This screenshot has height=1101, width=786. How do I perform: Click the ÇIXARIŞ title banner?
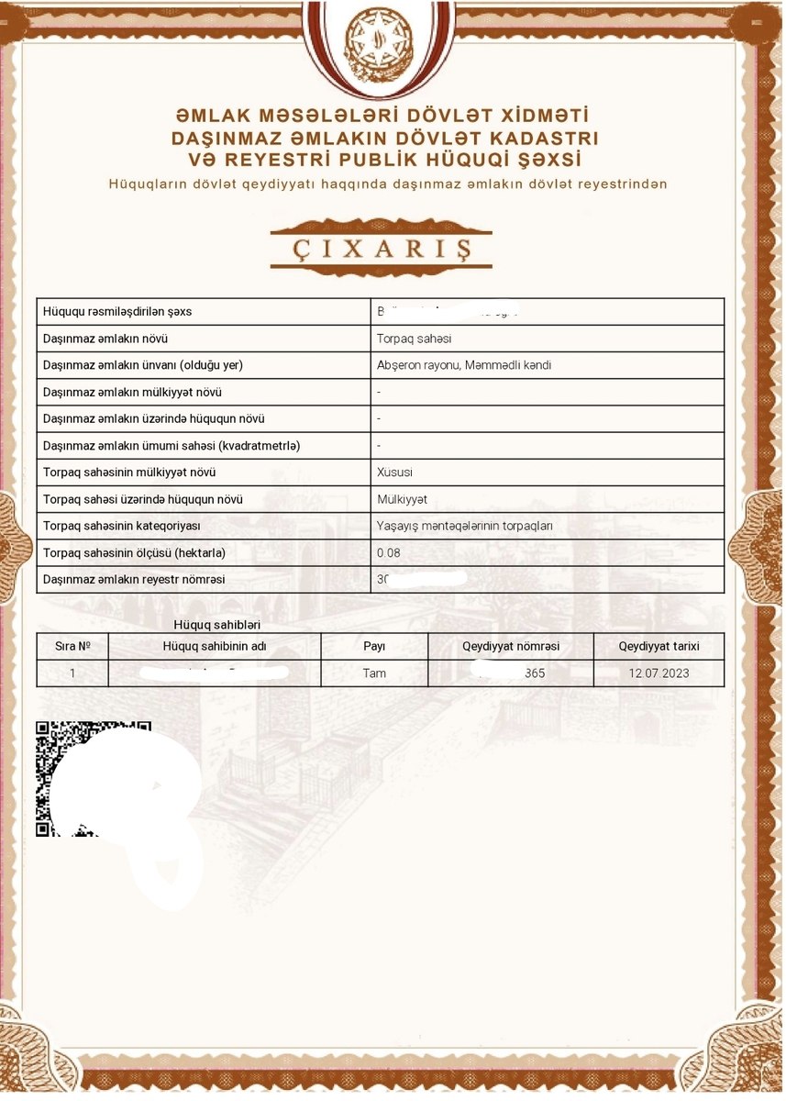coord(381,248)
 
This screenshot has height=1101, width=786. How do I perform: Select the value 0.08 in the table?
coord(389,553)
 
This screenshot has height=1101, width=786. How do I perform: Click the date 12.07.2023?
coord(659,673)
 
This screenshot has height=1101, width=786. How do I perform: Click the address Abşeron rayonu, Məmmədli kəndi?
coord(464,365)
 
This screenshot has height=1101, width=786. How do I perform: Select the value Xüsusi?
coord(395,473)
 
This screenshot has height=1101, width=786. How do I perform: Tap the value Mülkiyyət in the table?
coord(402,499)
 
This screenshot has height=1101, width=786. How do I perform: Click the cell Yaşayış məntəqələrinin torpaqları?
coord(464,527)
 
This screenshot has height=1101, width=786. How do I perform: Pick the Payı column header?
coord(374,646)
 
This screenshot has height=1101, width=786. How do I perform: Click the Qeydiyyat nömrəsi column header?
coord(511,646)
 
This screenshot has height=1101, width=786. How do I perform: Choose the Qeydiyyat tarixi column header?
coord(659,646)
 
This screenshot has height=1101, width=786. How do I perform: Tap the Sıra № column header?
coord(72,646)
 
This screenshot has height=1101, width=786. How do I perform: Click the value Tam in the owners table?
coord(374,673)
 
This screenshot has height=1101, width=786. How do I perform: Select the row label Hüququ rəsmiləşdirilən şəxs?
coord(117,312)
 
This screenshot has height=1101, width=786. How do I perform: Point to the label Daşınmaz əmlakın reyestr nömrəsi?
coord(134,580)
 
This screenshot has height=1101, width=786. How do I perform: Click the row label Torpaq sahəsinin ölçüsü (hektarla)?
coord(134,553)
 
